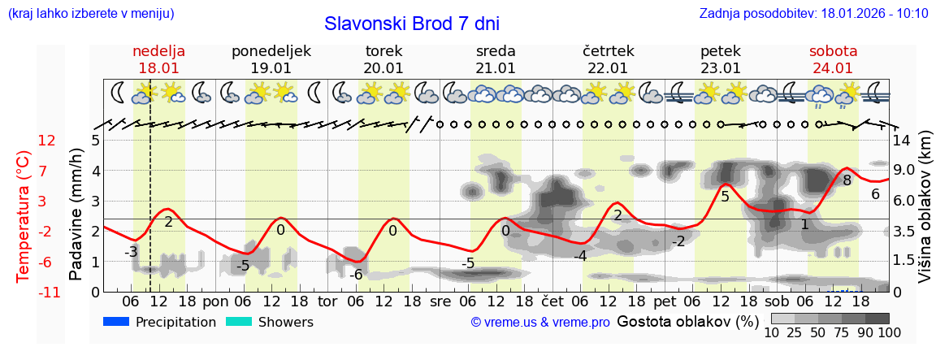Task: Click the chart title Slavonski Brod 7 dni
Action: (412, 23)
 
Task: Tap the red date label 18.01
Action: (159, 68)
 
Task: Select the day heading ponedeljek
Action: (271, 51)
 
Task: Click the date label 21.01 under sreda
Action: (496, 68)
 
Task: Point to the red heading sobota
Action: (833, 51)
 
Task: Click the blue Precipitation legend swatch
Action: (117, 322)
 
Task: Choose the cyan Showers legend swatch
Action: (239, 322)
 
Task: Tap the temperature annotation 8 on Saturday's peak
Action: (847, 180)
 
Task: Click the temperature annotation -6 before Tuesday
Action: (356, 275)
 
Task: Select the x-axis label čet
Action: (552, 301)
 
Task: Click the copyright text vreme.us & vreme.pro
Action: (540, 322)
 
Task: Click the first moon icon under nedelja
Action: (119, 92)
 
